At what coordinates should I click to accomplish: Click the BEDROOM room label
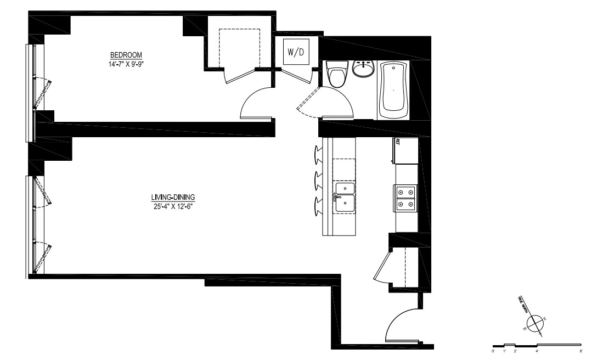tap(126, 55)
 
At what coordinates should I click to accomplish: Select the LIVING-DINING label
tap(173, 198)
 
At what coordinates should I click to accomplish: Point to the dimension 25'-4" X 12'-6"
tap(173, 206)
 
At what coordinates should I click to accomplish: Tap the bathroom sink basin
tap(363, 69)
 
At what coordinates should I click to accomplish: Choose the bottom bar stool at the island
tap(319, 205)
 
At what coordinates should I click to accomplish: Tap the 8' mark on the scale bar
tap(581, 349)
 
